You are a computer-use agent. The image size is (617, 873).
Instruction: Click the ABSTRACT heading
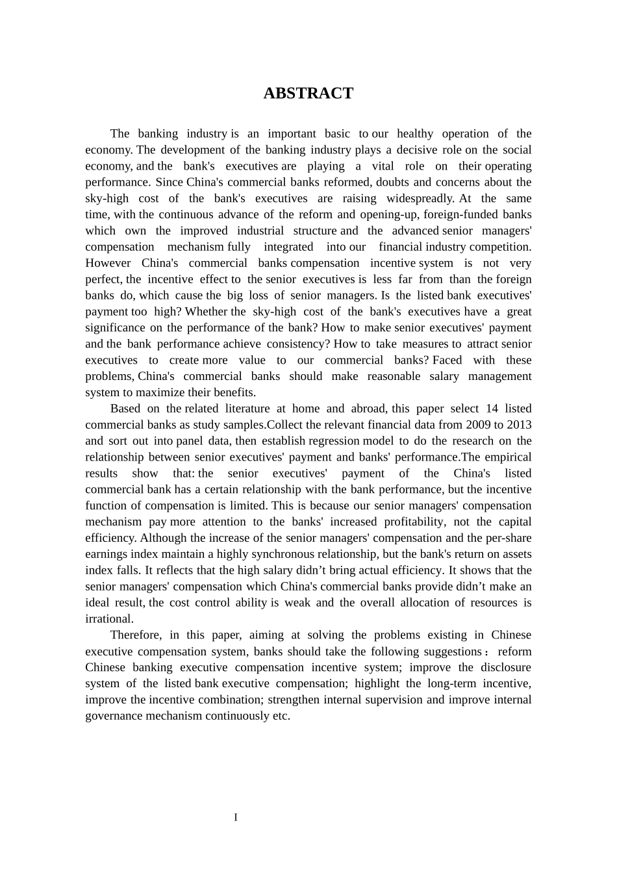click(x=308, y=94)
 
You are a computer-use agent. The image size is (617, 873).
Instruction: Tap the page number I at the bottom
click(x=236, y=817)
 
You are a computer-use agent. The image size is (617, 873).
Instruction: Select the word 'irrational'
click(x=108, y=619)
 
